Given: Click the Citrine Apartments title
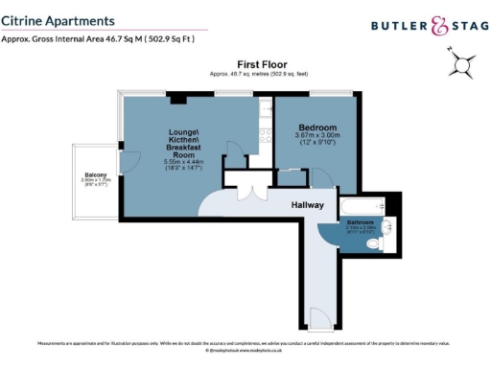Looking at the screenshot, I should [59, 19].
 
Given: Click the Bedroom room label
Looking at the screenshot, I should [317, 126].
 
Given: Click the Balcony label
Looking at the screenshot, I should [94, 173].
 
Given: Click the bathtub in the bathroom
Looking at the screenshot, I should [361, 206].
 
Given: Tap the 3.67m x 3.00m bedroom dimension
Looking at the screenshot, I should [317, 136].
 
